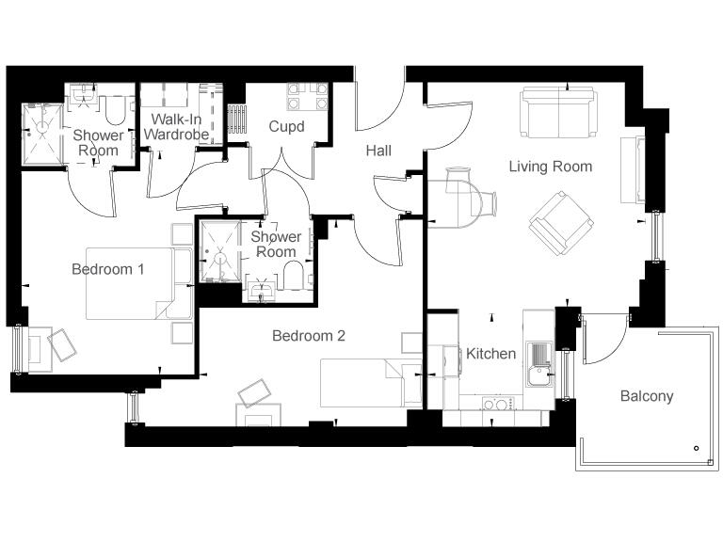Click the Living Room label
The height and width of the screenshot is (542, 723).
pos(551,167)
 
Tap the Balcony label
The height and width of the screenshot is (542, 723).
pos(647,396)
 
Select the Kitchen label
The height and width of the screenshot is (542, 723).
pos(491,354)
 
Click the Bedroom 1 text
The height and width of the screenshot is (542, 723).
pos(108,269)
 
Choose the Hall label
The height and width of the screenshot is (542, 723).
pos(379,151)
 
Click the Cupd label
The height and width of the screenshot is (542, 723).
pos(286,126)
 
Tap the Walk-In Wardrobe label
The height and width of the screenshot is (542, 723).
pos(175,127)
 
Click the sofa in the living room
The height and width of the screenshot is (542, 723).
pos(559,113)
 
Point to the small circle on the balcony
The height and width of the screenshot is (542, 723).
pos(695,448)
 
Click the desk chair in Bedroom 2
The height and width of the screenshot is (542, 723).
pos(254,391)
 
